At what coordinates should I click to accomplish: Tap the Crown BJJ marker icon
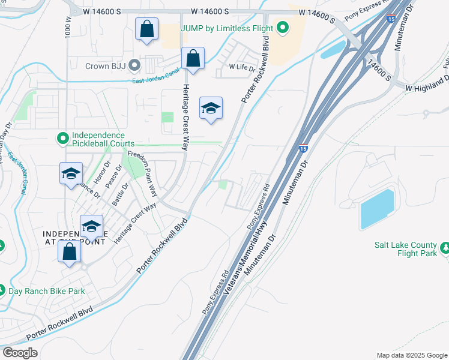135,64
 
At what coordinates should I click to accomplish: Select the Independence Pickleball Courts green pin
62,139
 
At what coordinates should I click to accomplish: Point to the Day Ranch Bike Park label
46,291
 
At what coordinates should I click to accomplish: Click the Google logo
20,353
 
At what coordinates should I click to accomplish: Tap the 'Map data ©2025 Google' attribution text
411,355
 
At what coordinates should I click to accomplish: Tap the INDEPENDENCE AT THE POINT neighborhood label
74,237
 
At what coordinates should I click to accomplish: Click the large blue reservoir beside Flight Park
376,209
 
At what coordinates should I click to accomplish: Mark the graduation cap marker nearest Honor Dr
71,173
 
